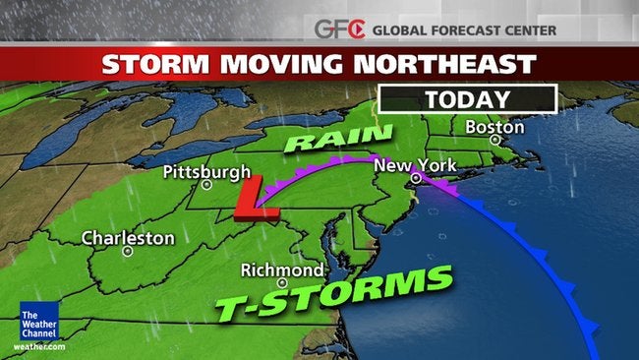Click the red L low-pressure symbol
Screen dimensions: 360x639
click(x=259, y=202)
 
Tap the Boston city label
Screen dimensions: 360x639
click(x=488, y=127)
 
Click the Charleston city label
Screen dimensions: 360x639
click(x=128, y=238)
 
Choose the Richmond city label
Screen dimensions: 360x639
click(x=282, y=270)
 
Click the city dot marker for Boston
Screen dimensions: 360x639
click(x=495, y=141)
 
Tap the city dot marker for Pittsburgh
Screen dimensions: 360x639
click(x=206, y=184)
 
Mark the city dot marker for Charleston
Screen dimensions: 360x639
click(x=128, y=251)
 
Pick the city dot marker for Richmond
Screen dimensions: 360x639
click(x=282, y=282)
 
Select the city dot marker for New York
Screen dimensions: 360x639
click(x=416, y=178)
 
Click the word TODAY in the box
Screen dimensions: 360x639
click(x=467, y=99)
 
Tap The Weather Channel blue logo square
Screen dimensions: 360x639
click(x=38, y=321)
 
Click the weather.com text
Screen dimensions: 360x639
click(x=39, y=345)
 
